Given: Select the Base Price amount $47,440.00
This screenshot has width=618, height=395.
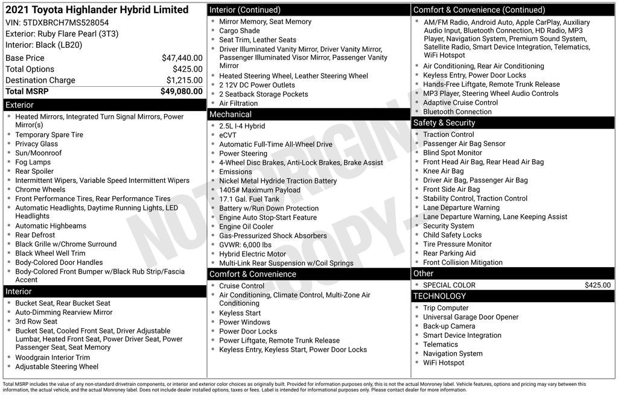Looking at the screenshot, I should [182, 58].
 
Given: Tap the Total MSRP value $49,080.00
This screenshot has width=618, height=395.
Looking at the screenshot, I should [181, 92].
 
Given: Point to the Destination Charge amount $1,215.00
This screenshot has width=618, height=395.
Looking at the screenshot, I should [184, 80].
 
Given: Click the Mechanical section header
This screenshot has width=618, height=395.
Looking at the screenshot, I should [231, 115].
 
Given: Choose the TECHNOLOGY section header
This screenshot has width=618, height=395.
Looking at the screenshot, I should [440, 296].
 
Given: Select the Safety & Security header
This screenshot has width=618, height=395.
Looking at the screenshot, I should [444, 123].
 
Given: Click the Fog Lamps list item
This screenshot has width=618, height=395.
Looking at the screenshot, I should [33, 162].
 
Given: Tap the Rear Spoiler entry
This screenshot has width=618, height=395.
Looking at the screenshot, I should [34, 171].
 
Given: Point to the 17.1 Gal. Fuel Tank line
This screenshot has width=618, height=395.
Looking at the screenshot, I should [249, 199].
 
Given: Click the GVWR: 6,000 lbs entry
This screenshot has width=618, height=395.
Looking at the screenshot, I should [245, 245].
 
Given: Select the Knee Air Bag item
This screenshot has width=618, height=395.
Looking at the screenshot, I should [444, 171].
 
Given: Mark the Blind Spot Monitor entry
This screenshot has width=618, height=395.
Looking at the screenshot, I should [453, 153].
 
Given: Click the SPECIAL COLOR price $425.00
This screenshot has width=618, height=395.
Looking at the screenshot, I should [597, 285].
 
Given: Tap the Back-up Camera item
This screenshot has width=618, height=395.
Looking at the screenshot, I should [449, 326].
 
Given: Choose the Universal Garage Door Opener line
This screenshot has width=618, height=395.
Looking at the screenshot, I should [471, 317].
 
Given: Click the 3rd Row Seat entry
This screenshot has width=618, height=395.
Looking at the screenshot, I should [36, 321].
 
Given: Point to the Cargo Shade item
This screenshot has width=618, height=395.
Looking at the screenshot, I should [240, 31].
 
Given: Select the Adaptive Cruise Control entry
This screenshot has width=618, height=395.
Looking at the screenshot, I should [460, 103].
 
